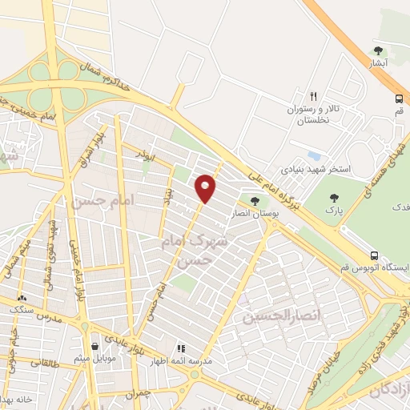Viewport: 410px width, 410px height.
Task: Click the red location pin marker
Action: (x=206, y=188)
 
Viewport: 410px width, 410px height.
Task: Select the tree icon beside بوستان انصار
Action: (x=255, y=200)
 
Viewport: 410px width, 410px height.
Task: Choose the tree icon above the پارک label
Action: (x=335, y=195)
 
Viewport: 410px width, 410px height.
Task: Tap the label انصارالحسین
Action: (x=274, y=317)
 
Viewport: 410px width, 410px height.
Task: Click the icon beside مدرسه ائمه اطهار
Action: (x=181, y=349)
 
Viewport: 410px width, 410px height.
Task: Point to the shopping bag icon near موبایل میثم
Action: (x=96, y=346)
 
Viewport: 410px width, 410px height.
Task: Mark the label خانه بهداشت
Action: (x=18, y=398)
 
